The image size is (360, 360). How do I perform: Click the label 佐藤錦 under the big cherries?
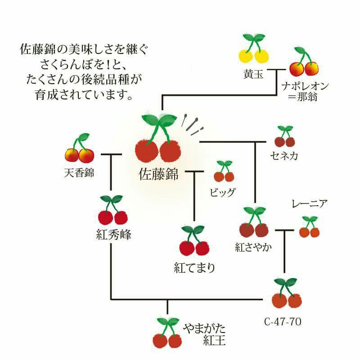tap(158, 173)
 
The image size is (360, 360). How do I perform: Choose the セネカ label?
tap(284, 156)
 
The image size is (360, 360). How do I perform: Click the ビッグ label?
tap(223, 193)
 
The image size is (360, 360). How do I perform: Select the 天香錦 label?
tap(79, 172)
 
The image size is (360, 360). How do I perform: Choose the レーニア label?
tap(309, 204)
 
